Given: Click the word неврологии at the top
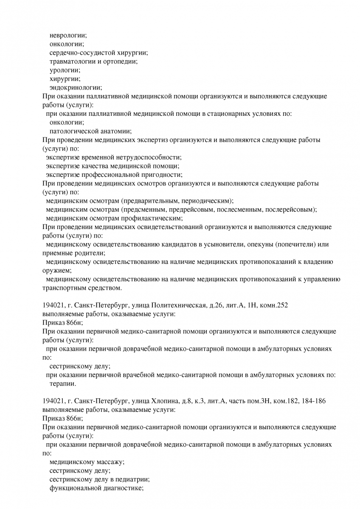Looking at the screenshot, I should (68, 35).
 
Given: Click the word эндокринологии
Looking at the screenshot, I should (76, 88).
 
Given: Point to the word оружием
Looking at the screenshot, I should (57, 270).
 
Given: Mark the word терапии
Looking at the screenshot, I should (63, 383).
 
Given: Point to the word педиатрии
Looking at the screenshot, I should (133, 479).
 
